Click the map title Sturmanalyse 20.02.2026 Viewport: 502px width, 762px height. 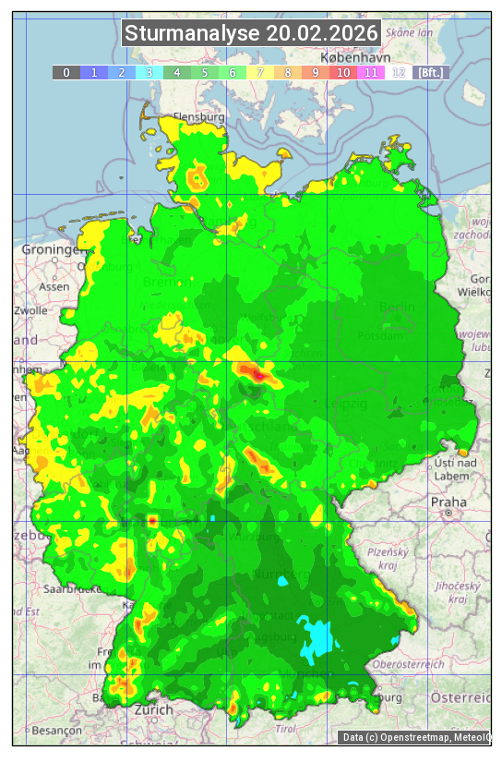(251, 34)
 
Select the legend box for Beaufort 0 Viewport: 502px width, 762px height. (66, 72)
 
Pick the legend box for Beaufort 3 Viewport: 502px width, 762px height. (149, 72)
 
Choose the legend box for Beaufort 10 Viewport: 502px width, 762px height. (342, 72)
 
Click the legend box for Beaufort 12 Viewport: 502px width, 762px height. (398, 72)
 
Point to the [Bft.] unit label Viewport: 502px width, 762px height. (430, 72)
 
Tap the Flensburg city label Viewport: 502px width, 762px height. (198, 118)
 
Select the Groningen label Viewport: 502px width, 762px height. (53, 250)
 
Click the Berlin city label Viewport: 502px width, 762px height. (397, 307)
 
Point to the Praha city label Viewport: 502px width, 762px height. (448, 502)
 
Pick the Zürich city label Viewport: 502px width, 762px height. (153, 709)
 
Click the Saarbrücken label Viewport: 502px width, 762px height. (71, 588)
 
